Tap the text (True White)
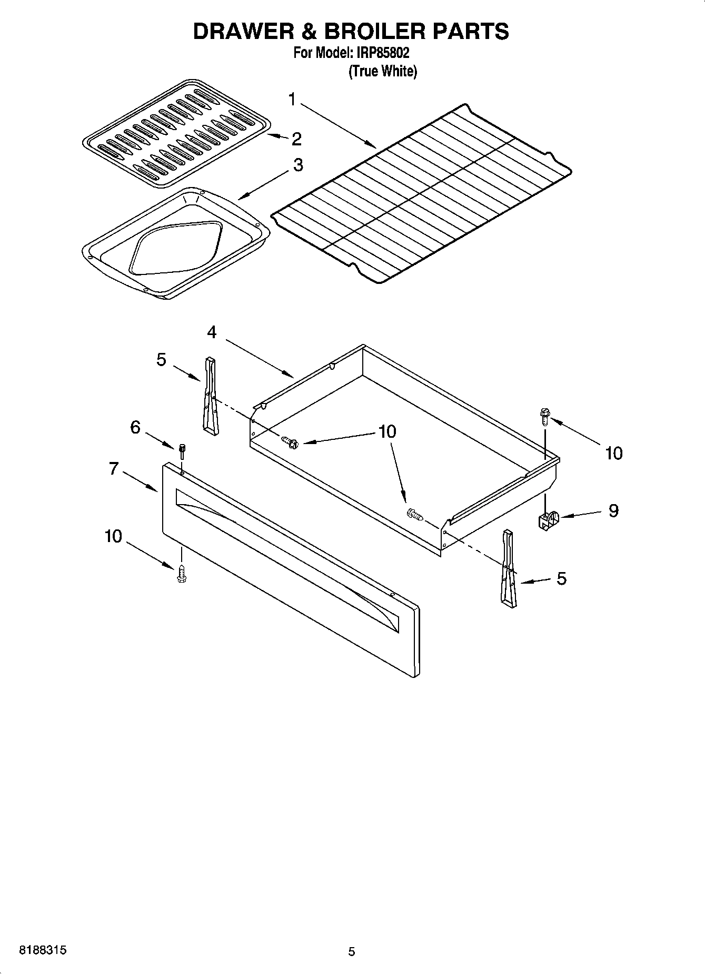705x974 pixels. tap(383, 72)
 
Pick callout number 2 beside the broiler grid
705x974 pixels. tap(296, 139)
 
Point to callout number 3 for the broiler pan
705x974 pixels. tap(298, 165)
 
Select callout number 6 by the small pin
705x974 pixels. tap(135, 427)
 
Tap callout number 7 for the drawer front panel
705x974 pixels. tap(114, 468)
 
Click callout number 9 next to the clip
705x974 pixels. tap(613, 510)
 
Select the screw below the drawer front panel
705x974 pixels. tap(182, 574)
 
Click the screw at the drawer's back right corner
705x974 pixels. tap(544, 417)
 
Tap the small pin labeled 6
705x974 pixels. tap(182, 451)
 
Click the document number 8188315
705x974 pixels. tap(43, 951)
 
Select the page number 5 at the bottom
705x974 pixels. tap(352, 952)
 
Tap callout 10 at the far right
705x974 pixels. tap(613, 453)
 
